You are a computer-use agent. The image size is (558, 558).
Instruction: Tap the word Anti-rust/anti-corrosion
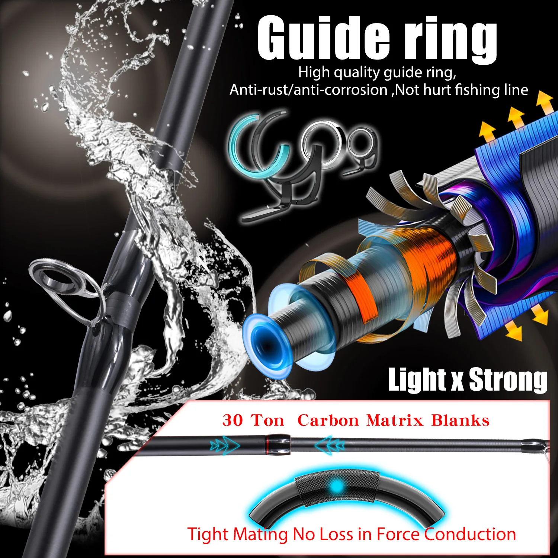coord(309,90)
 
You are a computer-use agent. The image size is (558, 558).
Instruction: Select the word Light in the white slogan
coord(417,379)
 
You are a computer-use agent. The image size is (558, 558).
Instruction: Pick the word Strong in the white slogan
coord(508,380)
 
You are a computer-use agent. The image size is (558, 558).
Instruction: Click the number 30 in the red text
coord(232,420)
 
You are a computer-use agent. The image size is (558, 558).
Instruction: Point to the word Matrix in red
coord(395,420)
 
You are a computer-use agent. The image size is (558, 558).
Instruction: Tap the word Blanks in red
coord(460,420)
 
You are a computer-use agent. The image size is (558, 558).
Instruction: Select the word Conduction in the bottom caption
coord(470,534)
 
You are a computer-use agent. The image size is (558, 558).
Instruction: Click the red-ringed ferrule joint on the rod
coord(277,444)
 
